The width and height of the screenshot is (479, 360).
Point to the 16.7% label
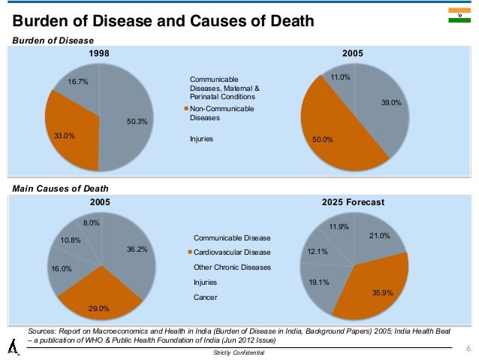click(79, 83)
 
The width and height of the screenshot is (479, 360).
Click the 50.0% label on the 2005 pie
click(323, 139)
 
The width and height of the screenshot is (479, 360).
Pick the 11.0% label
click(341, 77)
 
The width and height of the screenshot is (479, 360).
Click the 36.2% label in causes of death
click(137, 249)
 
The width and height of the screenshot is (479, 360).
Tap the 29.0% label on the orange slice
click(99, 307)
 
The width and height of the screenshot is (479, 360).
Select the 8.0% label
click(92, 222)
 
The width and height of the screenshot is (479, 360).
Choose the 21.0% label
click(380, 236)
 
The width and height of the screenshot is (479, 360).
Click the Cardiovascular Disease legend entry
click(231, 253)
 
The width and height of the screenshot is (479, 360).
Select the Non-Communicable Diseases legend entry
click(221, 113)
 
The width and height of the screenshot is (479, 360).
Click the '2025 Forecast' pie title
click(353, 202)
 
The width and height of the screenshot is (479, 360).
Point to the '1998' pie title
click(99, 54)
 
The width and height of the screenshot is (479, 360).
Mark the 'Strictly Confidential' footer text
click(239, 353)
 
